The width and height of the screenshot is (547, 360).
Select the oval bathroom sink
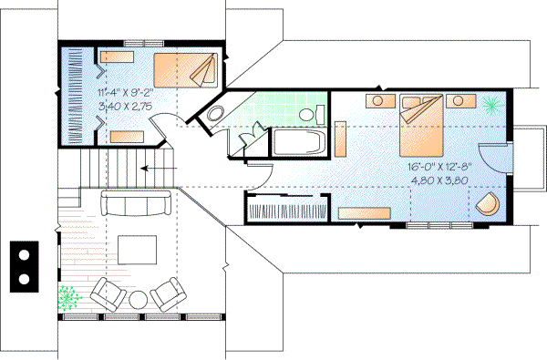[215, 114]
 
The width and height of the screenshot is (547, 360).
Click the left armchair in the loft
[108, 293]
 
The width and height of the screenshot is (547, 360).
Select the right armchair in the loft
[169, 293]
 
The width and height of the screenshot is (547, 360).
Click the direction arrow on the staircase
[146, 168]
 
